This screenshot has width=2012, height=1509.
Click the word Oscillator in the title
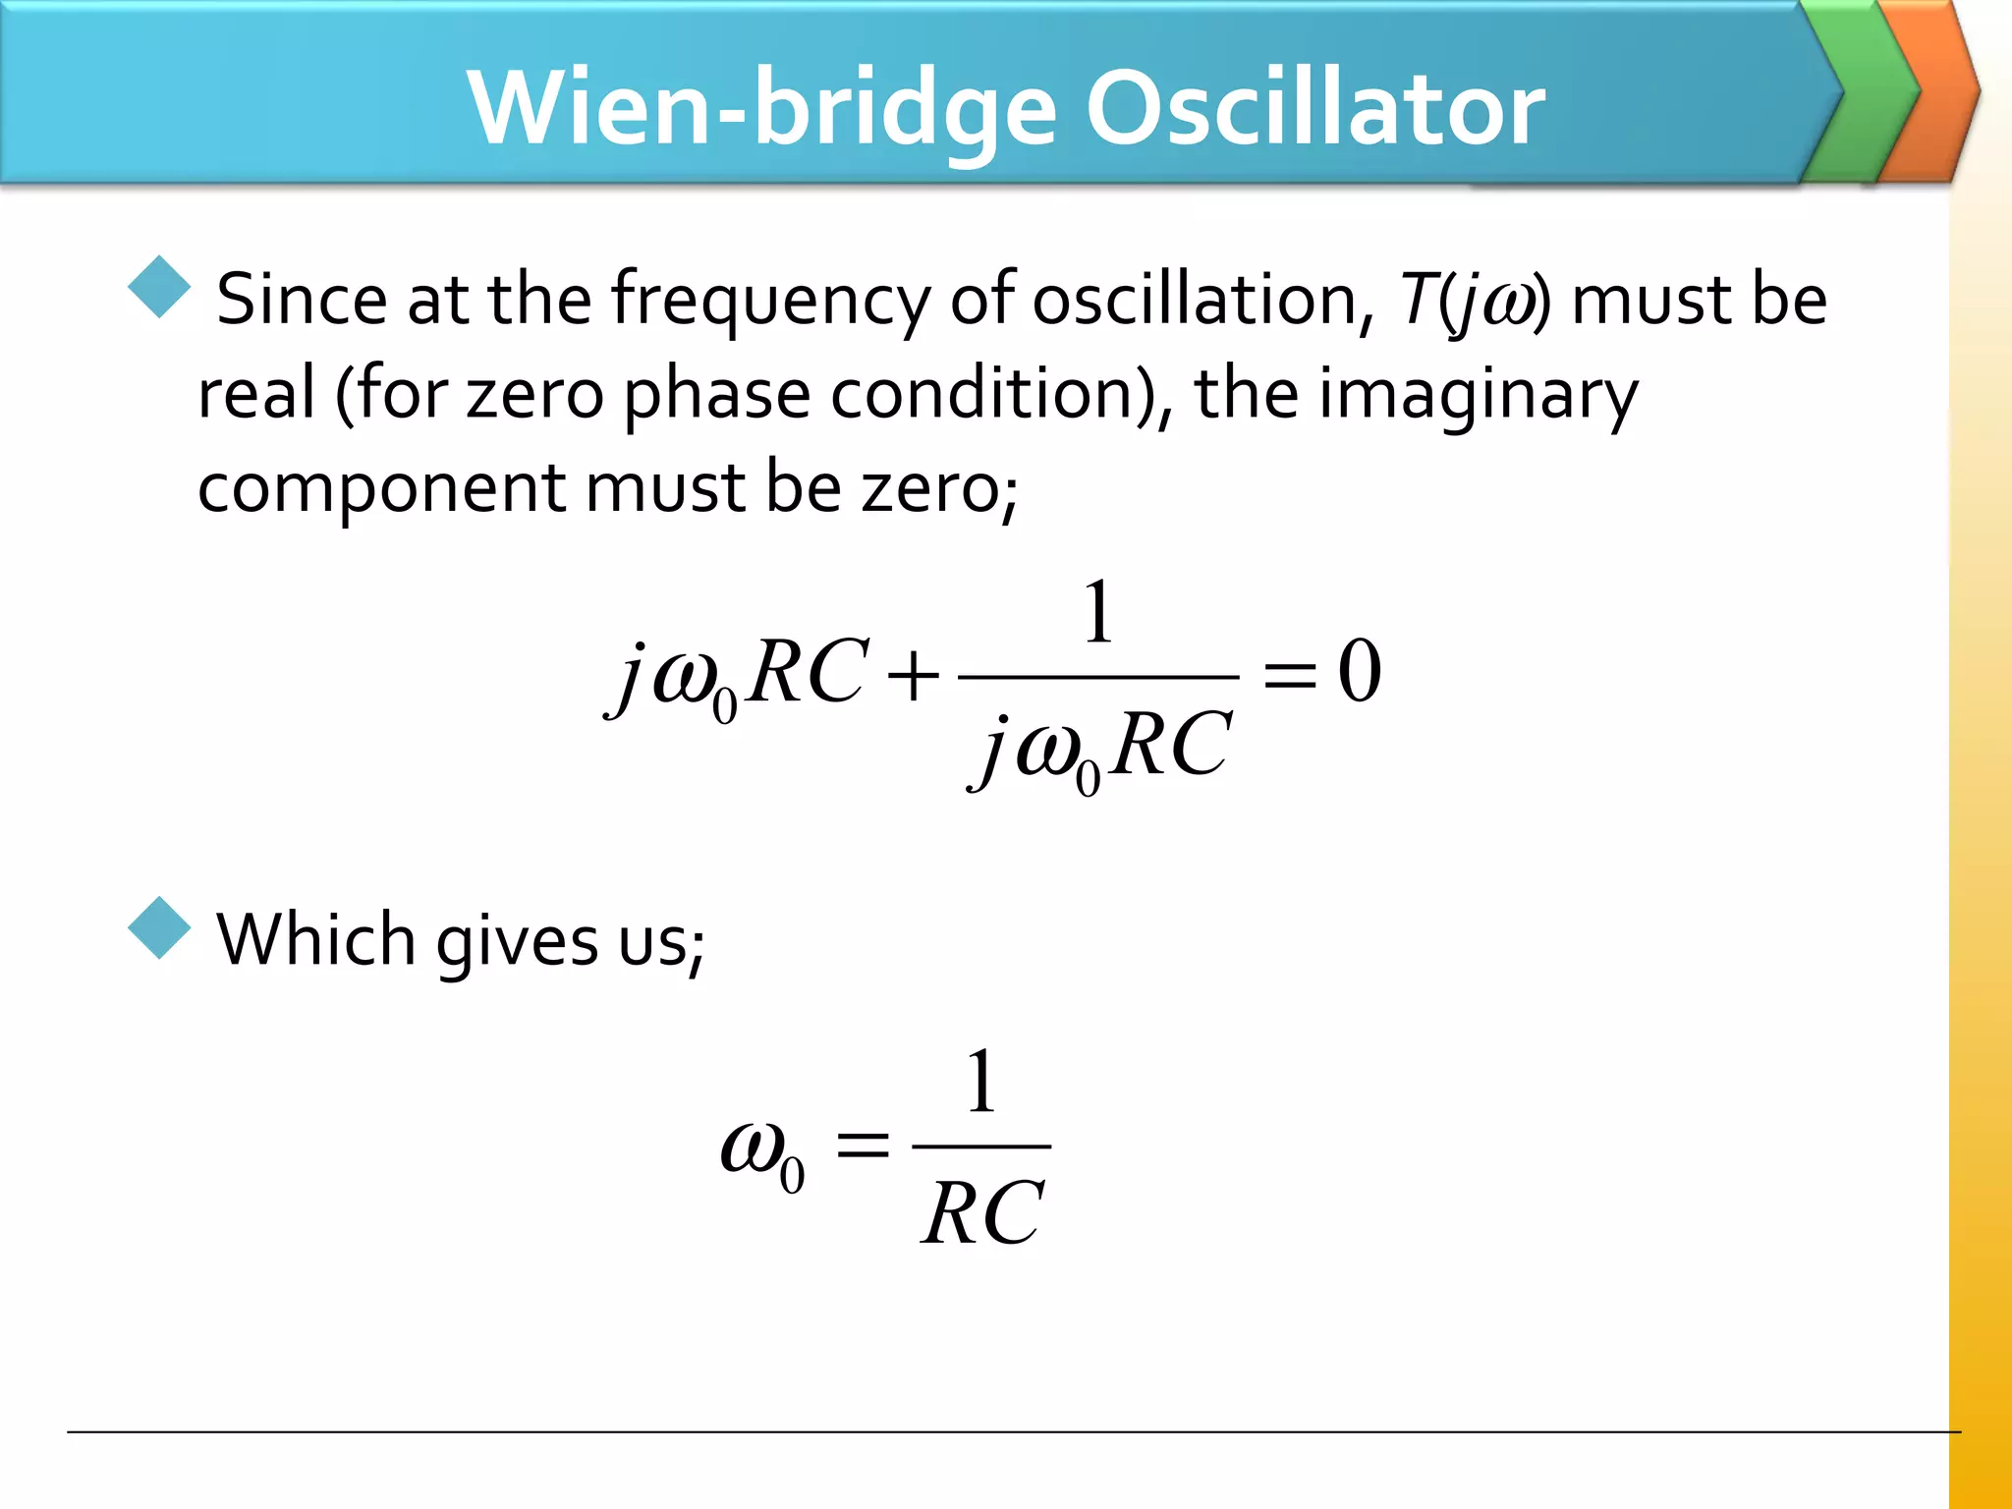click(x=1314, y=108)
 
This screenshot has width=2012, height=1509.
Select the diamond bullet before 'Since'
click(x=159, y=287)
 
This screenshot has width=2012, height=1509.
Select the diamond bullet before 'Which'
click(x=159, y=927)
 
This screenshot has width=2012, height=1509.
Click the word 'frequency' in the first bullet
click(x=770, y=300)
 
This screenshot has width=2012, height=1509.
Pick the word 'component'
click(x=381, y=488)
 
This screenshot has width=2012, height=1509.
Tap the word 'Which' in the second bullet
click(x=315, y=940)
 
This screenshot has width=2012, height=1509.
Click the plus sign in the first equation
click(x=912, y=676)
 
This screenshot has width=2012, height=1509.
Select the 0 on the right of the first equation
click(x=1360, y=672)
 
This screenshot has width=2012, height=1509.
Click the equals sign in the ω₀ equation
click(x=862, y=1146)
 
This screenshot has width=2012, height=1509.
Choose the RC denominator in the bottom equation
click(x=982, y=1214)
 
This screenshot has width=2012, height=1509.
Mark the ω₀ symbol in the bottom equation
click(x=762, y=1154)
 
